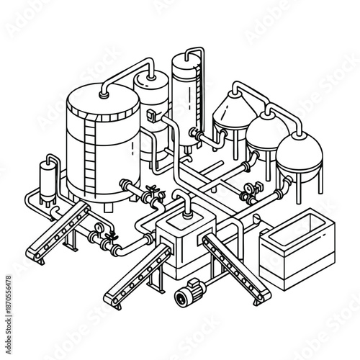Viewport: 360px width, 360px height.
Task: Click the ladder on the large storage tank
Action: click(90, 160)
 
